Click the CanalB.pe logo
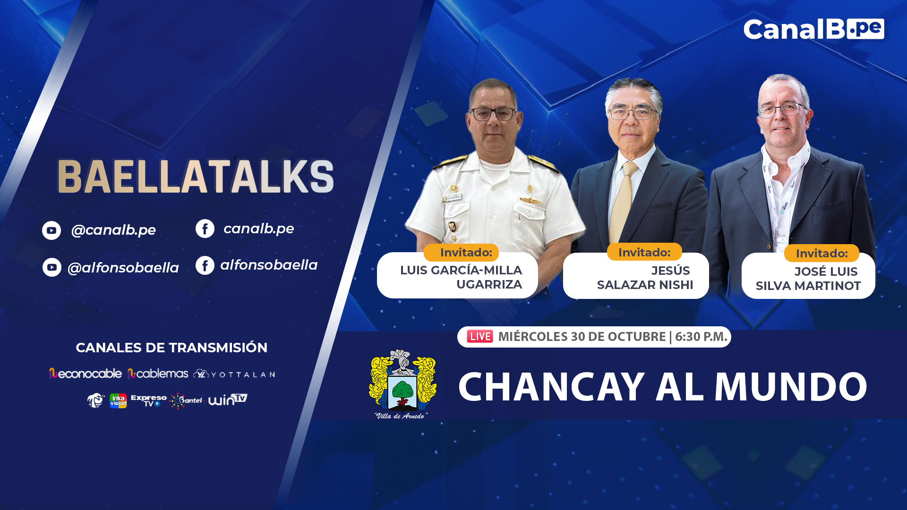click(x=813, y=29)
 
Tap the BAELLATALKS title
click(x=196, y=176)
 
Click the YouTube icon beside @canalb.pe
click(x=51, y=230)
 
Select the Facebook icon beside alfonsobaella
click(x=205, y=265)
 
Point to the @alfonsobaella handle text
click(x=123, y=268)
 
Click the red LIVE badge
click(x=480, y=336)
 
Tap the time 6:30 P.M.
click(x=701, y=337)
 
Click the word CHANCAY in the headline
click(x=552, y=387)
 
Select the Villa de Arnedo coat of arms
click(x=402, y=384)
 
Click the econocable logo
click(x=86, y=374)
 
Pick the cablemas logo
click(x=158, y=374)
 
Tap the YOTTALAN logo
click(x=234, y=374)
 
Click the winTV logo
click(x=228, y=399)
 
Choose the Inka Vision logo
click(x=118, y=400)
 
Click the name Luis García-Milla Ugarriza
click(x=461, y=277)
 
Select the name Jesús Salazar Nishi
click(x=645, y=278)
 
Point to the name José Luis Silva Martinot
click(x=808, y=279)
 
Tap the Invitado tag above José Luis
click(x=821, y=253)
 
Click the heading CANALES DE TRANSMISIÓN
click(x=171, y=348)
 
